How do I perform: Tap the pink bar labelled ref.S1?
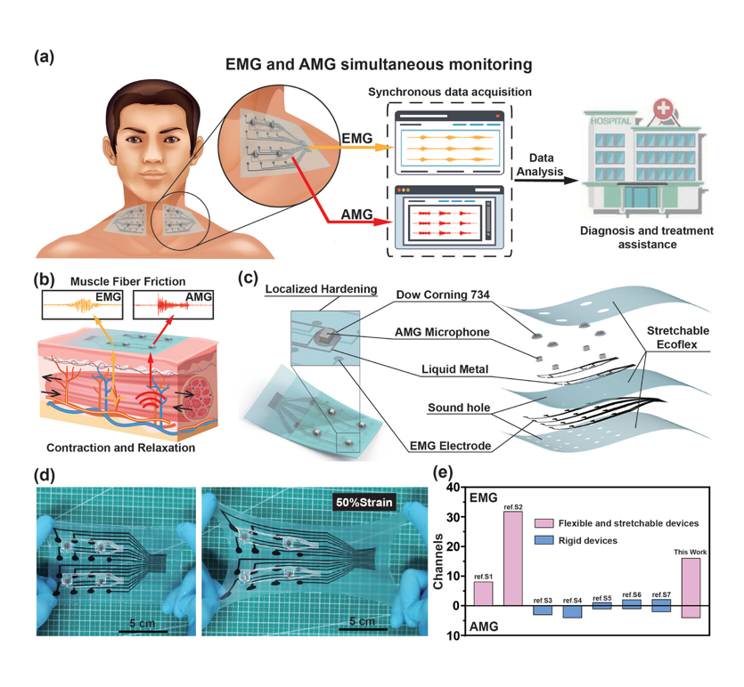point(483,593)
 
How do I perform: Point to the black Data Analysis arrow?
point(540,182)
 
